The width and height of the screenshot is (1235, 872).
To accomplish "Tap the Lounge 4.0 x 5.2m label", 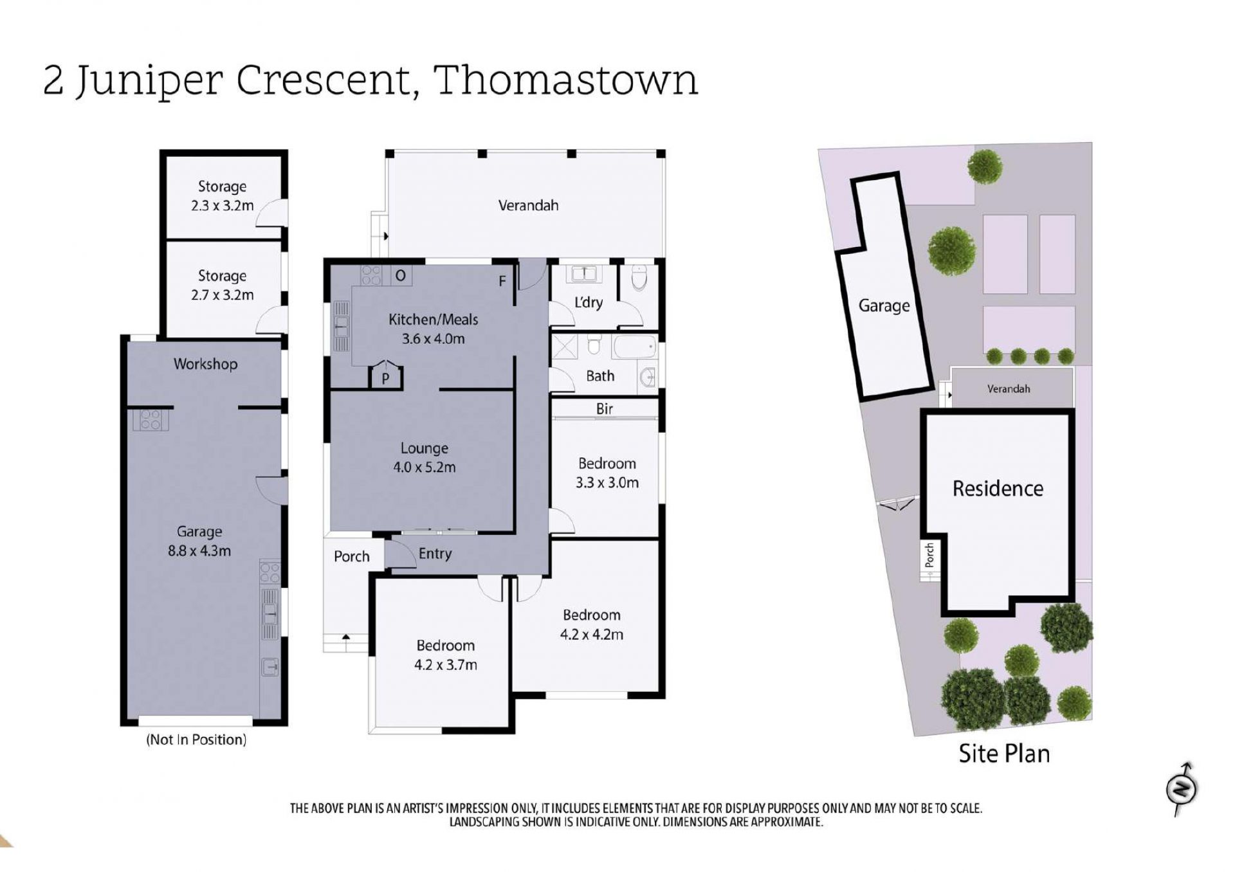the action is tap(425, 457).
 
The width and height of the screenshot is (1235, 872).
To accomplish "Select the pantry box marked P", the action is tap(385, 376).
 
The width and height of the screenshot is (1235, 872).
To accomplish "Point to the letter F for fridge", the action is tap(502, 281).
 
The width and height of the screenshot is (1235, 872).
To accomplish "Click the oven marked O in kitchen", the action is tap(401, 276).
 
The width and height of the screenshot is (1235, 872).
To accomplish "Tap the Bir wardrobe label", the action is tap(605, 408).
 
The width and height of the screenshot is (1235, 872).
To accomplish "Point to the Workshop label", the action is tap(205, 364).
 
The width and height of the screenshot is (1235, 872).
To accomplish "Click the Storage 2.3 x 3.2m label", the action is tap(222, 196).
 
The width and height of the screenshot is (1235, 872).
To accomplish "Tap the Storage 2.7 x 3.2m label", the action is tap(222, 285).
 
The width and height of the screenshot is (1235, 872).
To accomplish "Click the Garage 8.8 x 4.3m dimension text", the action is tap(199, 550).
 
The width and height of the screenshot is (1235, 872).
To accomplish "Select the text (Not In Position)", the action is tap(196, 740).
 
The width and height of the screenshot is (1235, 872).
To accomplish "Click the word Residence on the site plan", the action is tap(998, 489).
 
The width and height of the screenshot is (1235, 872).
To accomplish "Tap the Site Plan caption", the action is tap(1004, 754).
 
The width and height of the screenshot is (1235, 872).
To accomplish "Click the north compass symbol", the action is tap(1182, 789).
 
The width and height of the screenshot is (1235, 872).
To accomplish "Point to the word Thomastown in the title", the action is tap(565, 81).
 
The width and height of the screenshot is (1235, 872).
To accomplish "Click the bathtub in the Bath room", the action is tap(635, 347).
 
